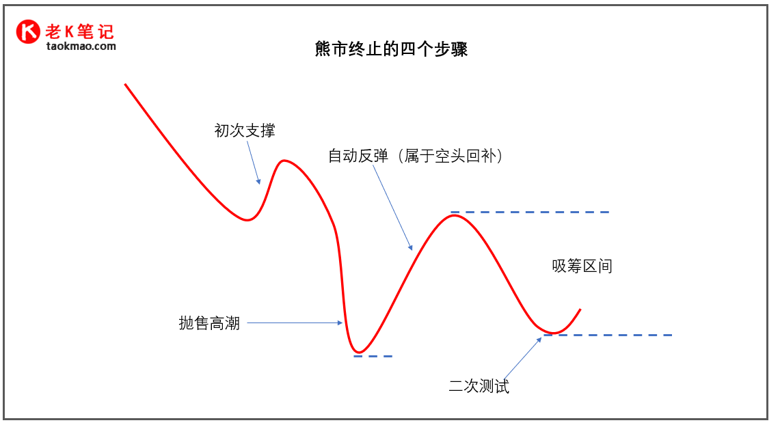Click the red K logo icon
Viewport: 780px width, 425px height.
pyautogui.click(x=29, y=31)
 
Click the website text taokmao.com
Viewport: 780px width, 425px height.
pyautogui.click(x=81, y=46)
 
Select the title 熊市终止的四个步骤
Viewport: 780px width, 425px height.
pyautogui.click(x=391, y=49)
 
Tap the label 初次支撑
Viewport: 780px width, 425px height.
pyautogui.click(x=245, y=131)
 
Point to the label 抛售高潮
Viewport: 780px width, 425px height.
pyautogui.click(x=209, y=323)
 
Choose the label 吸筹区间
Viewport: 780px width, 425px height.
pyautogui.click(x=582, y=266)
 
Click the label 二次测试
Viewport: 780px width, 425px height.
pyautogui.click(x=479, y=386)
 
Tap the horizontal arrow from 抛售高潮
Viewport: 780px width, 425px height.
pyautogui.click(x=294, y=323)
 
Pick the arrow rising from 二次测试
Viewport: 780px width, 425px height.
pyautogui.click(x=522, y=357)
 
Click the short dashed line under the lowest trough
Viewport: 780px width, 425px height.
pyautogui.click(x=373, y=356)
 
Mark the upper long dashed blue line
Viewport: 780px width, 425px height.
pyautogui.click(x=530, y=212)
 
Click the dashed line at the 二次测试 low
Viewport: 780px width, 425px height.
pyautogui.click(x=608, y=335)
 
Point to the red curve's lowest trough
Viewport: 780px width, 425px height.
pyautogui.click(x=359, y=352)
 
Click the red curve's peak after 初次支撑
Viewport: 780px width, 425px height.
pyautogui.click(x=283, y=161)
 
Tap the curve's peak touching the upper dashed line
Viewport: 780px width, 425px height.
pyautogui.click(x=452, y=216)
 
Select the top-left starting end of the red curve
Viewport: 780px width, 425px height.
pyautogui.click(x=126, y=85)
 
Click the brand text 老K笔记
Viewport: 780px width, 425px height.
pyautogui.click(x=79, y=31)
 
